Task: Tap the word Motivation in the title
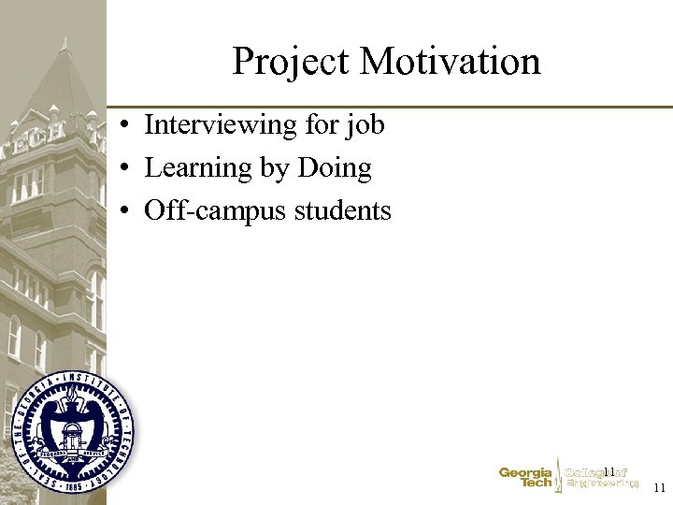tap(450, 62)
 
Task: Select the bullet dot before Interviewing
tap(123, 125)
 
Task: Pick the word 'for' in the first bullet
tap(326, 124)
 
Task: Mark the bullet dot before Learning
tap(123, 169)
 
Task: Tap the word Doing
tap(334, 168)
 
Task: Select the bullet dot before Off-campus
tap(123, 212)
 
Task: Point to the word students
tap(343, 211)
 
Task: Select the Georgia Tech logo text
tap(525, 478)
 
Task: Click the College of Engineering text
tap(601, 478)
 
